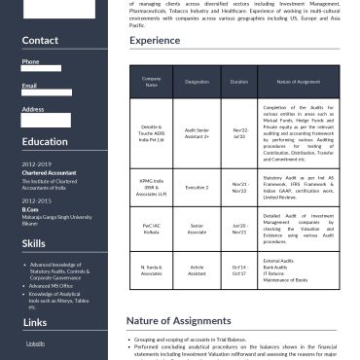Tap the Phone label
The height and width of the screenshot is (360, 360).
30,61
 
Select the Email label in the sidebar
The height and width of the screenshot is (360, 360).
29,86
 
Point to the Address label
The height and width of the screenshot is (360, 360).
32,109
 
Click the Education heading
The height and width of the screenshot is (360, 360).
45,141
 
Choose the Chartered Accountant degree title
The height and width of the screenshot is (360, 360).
49,172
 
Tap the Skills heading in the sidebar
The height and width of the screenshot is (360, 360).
34,242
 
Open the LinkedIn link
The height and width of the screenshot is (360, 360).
35,343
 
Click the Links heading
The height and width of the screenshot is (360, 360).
34,321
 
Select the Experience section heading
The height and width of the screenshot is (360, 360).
154,41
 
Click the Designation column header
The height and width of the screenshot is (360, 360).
198,83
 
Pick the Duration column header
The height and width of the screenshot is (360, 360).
239,83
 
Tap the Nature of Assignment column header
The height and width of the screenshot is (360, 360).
298,83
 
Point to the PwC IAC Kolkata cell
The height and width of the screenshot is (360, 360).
151,229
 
